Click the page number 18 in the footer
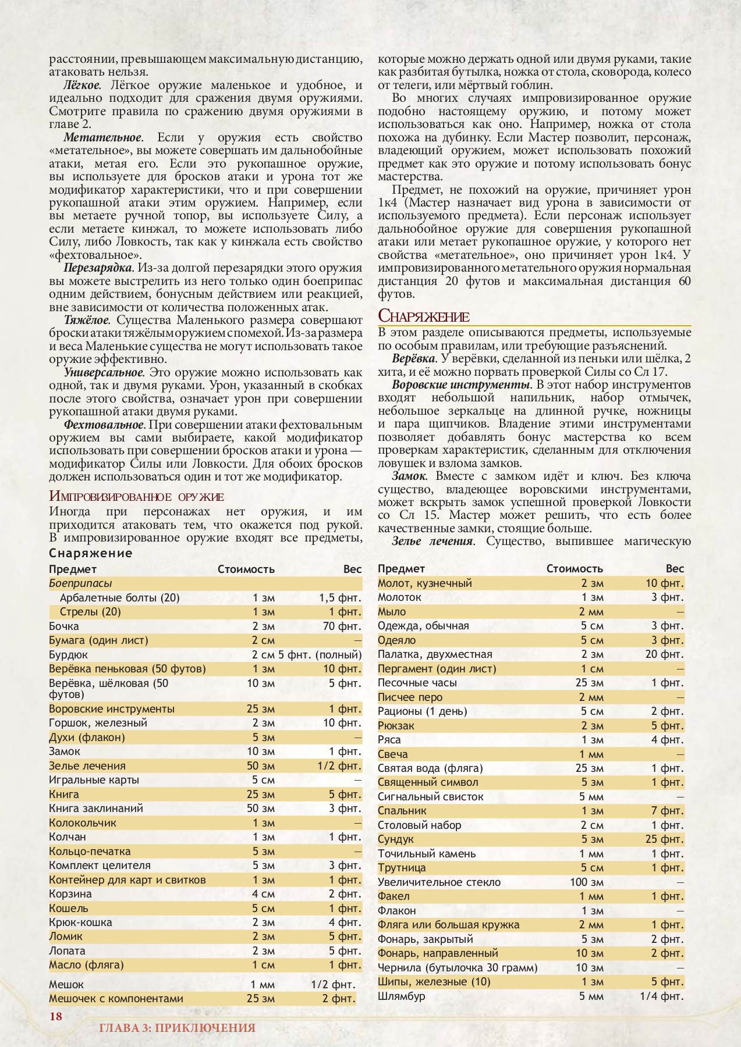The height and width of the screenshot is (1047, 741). [x=55, y=1016]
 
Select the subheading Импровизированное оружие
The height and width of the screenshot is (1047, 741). [x=136, y=496]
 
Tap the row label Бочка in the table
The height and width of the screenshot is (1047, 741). [x=64, y=626]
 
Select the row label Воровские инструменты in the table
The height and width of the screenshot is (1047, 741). [x=112, y=709]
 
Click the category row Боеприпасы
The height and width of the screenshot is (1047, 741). [x=80, y=583]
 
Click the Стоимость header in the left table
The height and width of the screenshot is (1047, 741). [x=246, y=569]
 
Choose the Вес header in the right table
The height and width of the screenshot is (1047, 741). [x=675, y=568]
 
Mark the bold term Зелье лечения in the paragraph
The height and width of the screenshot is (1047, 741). [x=431, y=542]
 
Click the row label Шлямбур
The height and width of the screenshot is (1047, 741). [x=401, y=996]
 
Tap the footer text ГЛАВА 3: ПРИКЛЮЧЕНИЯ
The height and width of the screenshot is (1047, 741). [x=178, y=1028]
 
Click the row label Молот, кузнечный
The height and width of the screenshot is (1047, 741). [x=424, y=583]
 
